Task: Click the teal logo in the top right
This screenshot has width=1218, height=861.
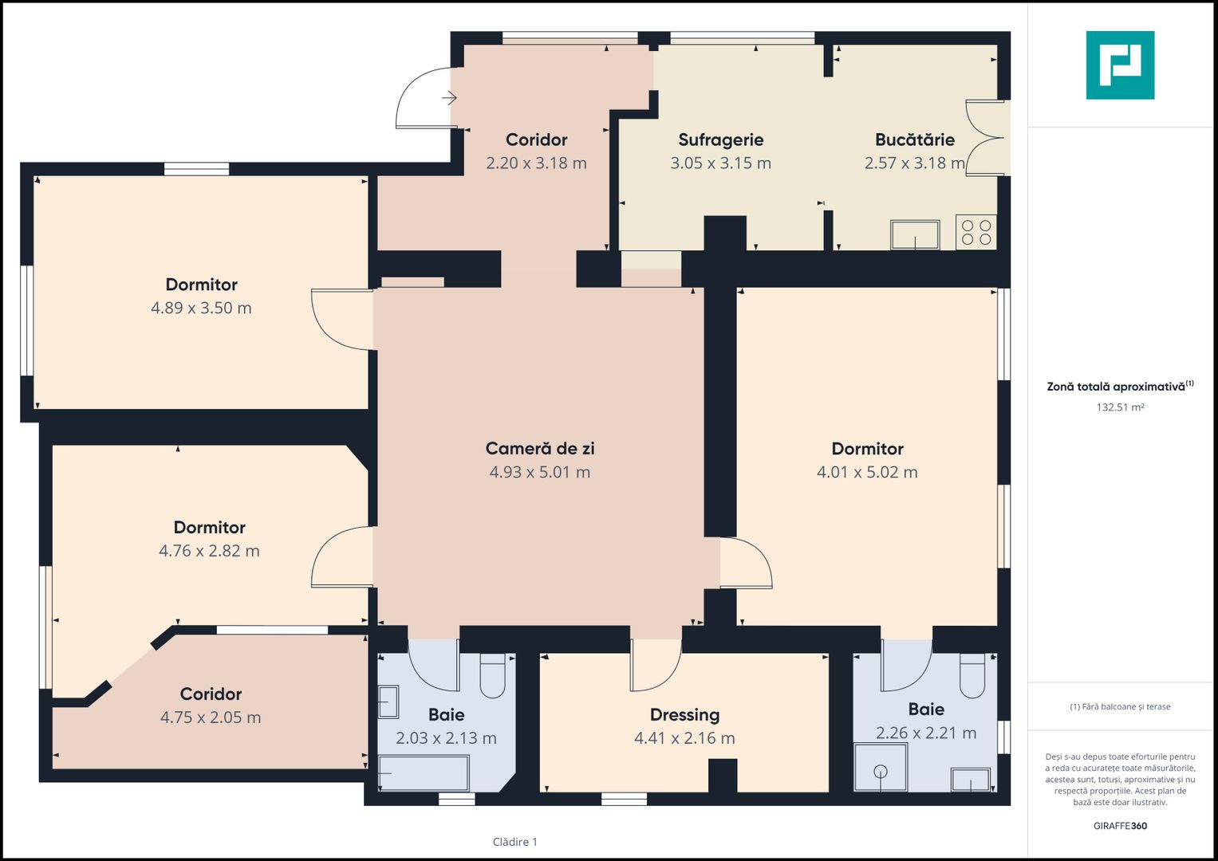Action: click(1120, 65)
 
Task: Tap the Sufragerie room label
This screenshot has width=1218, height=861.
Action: click(721, 140)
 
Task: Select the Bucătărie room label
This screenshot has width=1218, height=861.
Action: click(915, 140)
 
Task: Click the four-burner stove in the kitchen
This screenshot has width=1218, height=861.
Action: click(976, 232)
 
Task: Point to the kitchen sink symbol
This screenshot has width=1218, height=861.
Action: click(915, 235)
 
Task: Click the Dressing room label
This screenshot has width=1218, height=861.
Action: click(685, 715)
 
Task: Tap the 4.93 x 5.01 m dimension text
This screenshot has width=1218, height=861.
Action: click(540, 472)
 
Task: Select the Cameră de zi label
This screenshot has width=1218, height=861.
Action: click(540, 448)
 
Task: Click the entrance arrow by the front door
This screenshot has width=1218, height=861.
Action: click(449, 98)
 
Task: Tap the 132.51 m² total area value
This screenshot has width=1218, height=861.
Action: click(1120, 407)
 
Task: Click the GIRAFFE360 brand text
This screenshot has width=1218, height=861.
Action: click(1120, 826)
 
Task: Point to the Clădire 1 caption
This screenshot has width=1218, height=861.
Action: click(515, 842)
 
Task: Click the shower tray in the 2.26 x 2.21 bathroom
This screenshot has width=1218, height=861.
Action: click(881, 767)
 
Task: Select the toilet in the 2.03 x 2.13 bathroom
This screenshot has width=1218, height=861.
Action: click(493, 676)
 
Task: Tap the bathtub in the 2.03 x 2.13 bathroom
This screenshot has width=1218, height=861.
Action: click(423, 773)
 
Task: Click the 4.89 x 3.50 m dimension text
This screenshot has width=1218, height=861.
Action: click(201, 309)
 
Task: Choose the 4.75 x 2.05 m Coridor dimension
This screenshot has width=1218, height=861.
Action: click(211, 717)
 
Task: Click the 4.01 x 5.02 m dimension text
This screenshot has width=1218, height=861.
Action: click(867, 472)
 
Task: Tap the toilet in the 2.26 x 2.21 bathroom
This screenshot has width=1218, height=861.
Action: click(973, 676)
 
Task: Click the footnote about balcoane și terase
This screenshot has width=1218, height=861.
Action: click(1120, 706)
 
